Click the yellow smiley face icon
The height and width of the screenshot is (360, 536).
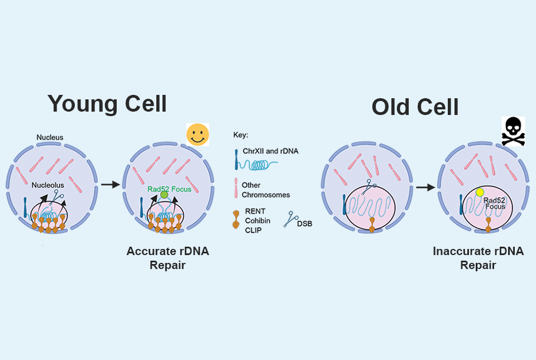198,135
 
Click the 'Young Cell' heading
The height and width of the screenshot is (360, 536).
107,104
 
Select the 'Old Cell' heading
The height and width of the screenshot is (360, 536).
415,107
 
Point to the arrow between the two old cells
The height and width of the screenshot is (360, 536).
425,188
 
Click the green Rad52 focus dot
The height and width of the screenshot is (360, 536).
164,195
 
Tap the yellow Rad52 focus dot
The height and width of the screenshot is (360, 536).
479,193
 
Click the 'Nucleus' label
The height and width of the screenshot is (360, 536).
50,137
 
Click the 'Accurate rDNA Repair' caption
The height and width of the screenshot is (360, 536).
167,258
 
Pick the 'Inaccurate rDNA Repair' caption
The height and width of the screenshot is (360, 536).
478,258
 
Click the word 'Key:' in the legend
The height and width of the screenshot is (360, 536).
240,135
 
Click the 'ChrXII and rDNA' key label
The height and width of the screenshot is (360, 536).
267,151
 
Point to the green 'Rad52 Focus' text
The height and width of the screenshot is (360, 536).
169,189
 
